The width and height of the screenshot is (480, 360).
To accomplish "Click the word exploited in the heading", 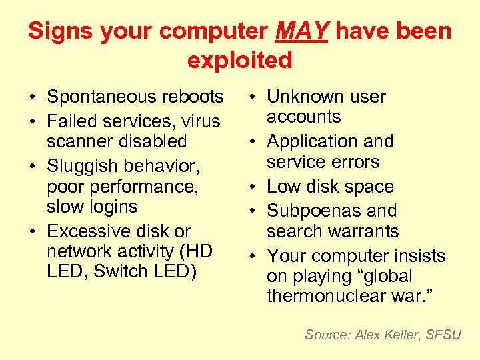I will (x=240, y=60).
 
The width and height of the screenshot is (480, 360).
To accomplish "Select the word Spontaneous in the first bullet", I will (x=93, y=97).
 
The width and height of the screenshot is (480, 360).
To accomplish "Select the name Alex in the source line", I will (x=367, y=335).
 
